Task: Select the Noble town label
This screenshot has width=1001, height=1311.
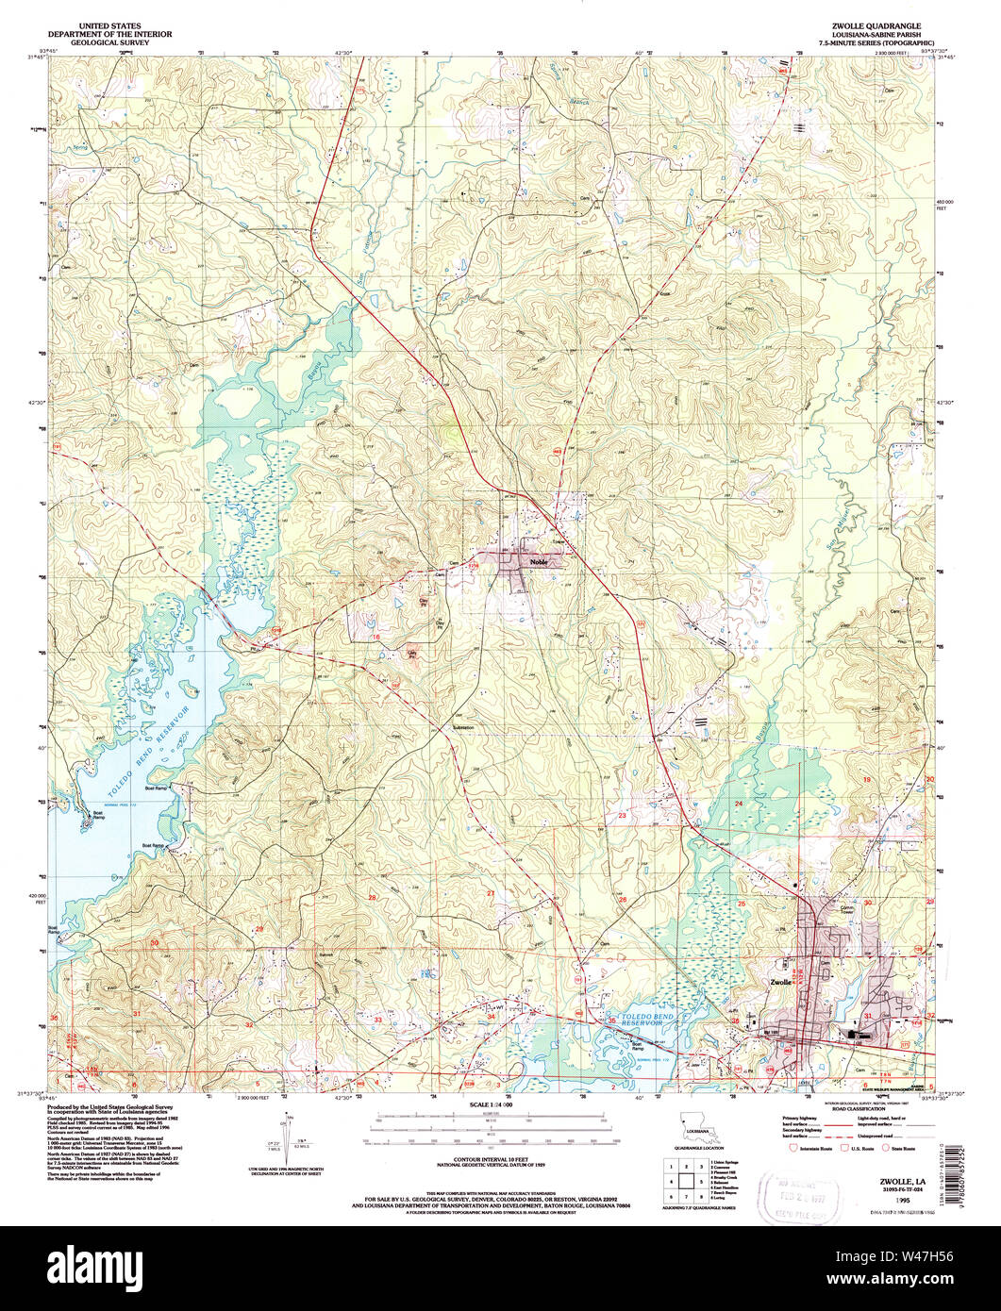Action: tap(539, 561)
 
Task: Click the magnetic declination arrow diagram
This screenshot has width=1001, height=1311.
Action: tap(287, 1137)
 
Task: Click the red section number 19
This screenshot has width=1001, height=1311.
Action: tap(866, 781)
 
